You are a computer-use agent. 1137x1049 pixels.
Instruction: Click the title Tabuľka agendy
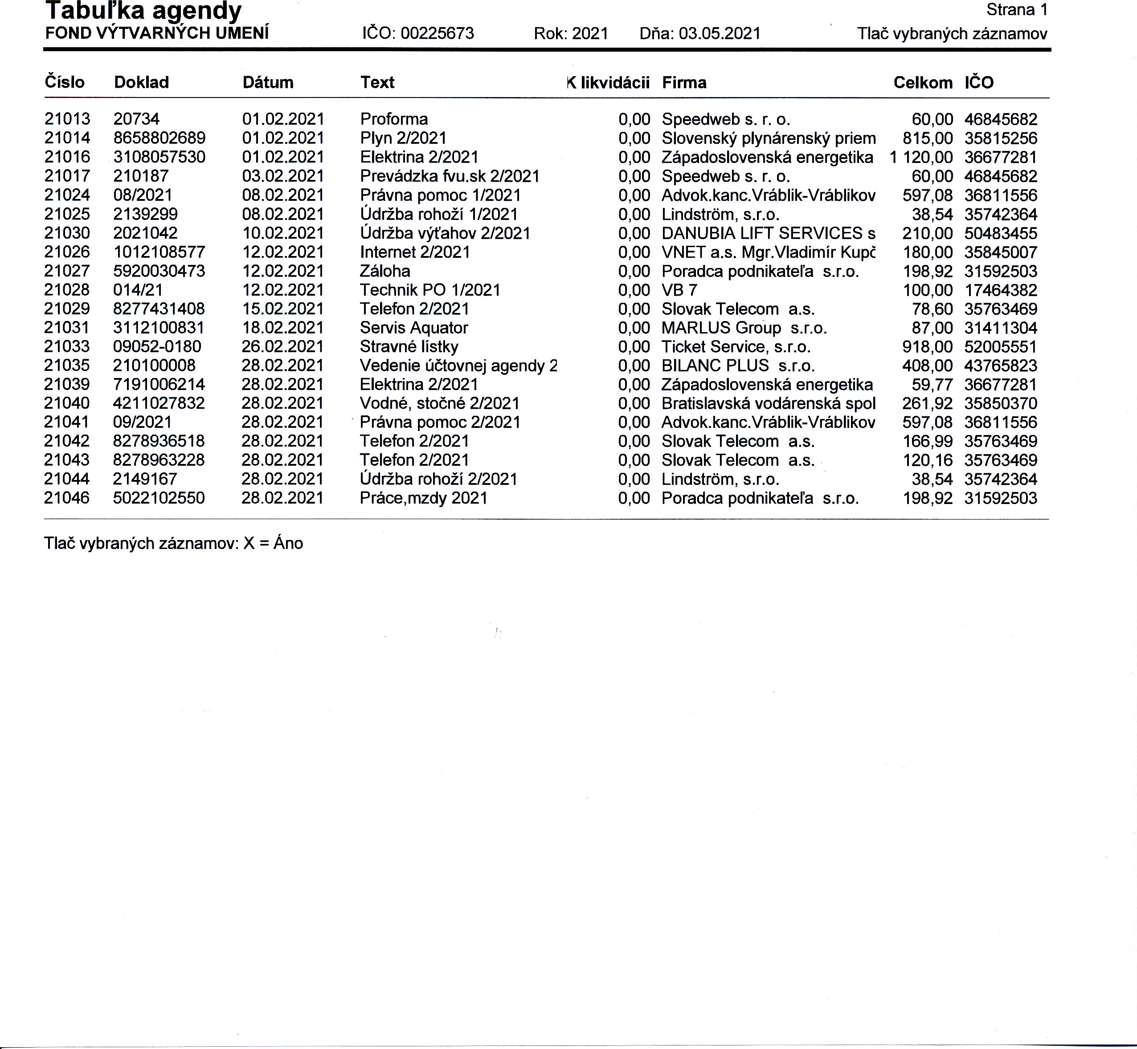tap(143, 11)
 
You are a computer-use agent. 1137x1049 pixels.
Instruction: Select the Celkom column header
tap(922, 83)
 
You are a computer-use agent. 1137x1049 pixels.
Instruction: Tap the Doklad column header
tap(141, 83)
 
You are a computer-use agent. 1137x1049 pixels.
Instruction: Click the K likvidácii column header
tap(608, 83)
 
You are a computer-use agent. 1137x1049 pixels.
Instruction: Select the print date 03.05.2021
tap(720, 33)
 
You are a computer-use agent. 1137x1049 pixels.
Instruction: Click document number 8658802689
tap(159, 138)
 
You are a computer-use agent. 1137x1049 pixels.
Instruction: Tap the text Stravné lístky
tap(409, 347)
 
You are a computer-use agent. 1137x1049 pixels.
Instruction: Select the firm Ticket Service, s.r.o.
tap(736, 347)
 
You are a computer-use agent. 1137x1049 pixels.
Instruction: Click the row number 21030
tap(67, 233)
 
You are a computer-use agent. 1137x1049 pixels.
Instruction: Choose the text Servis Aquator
tap(413, 328)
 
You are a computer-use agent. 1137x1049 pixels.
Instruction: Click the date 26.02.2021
tap(282, 347)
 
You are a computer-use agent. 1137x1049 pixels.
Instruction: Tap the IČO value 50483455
tap(1000, 233)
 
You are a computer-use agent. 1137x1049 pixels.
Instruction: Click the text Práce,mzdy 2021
tap(423, 498)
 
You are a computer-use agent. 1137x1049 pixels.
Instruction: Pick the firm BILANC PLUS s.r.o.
tap(738, 366)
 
